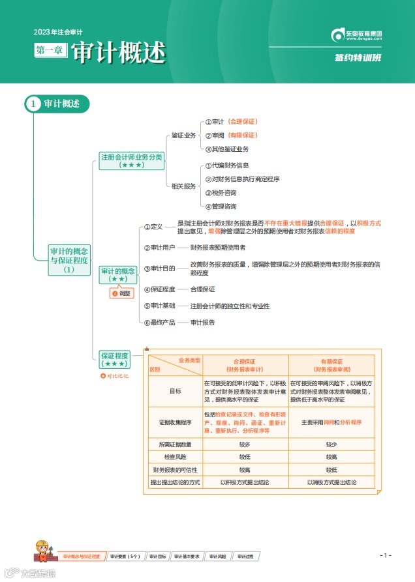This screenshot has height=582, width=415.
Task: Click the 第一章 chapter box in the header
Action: click(x=51, y=50)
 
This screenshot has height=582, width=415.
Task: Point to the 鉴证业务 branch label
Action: click(x=183, y=136)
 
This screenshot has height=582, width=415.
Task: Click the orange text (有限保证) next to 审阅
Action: click(x=243, y=135)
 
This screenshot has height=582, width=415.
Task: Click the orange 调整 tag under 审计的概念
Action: click(x=122, y=293)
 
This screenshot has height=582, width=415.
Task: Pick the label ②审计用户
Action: click(x=159, y=248)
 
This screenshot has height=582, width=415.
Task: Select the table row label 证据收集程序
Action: click(x=175, y=422)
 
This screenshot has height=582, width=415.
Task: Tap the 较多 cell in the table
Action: click(x=245, y=444)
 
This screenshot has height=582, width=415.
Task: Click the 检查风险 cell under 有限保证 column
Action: click(x=331, y=457)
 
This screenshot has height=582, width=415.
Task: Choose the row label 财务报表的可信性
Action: click(x=175, y=469)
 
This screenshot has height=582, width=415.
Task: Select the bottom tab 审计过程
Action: click(x=245, y=557)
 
